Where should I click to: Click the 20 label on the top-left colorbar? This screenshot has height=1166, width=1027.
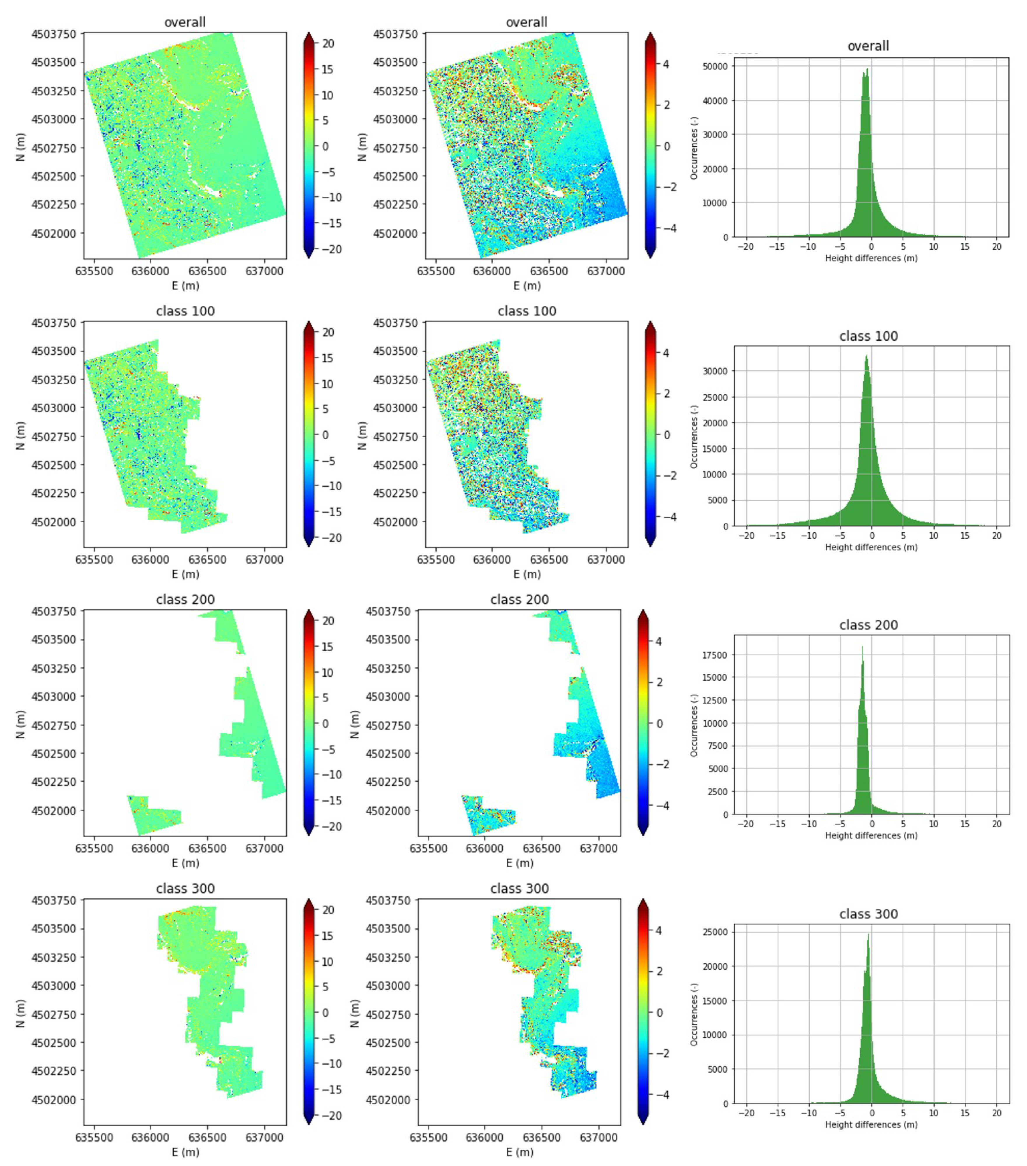point(328,43)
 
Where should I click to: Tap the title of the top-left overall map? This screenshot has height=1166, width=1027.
point(185,22)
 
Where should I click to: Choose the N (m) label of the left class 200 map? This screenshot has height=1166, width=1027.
point(20,724)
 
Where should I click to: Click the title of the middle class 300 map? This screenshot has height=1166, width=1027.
point(519,889)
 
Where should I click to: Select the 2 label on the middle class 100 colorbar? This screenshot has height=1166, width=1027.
point(666,394)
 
